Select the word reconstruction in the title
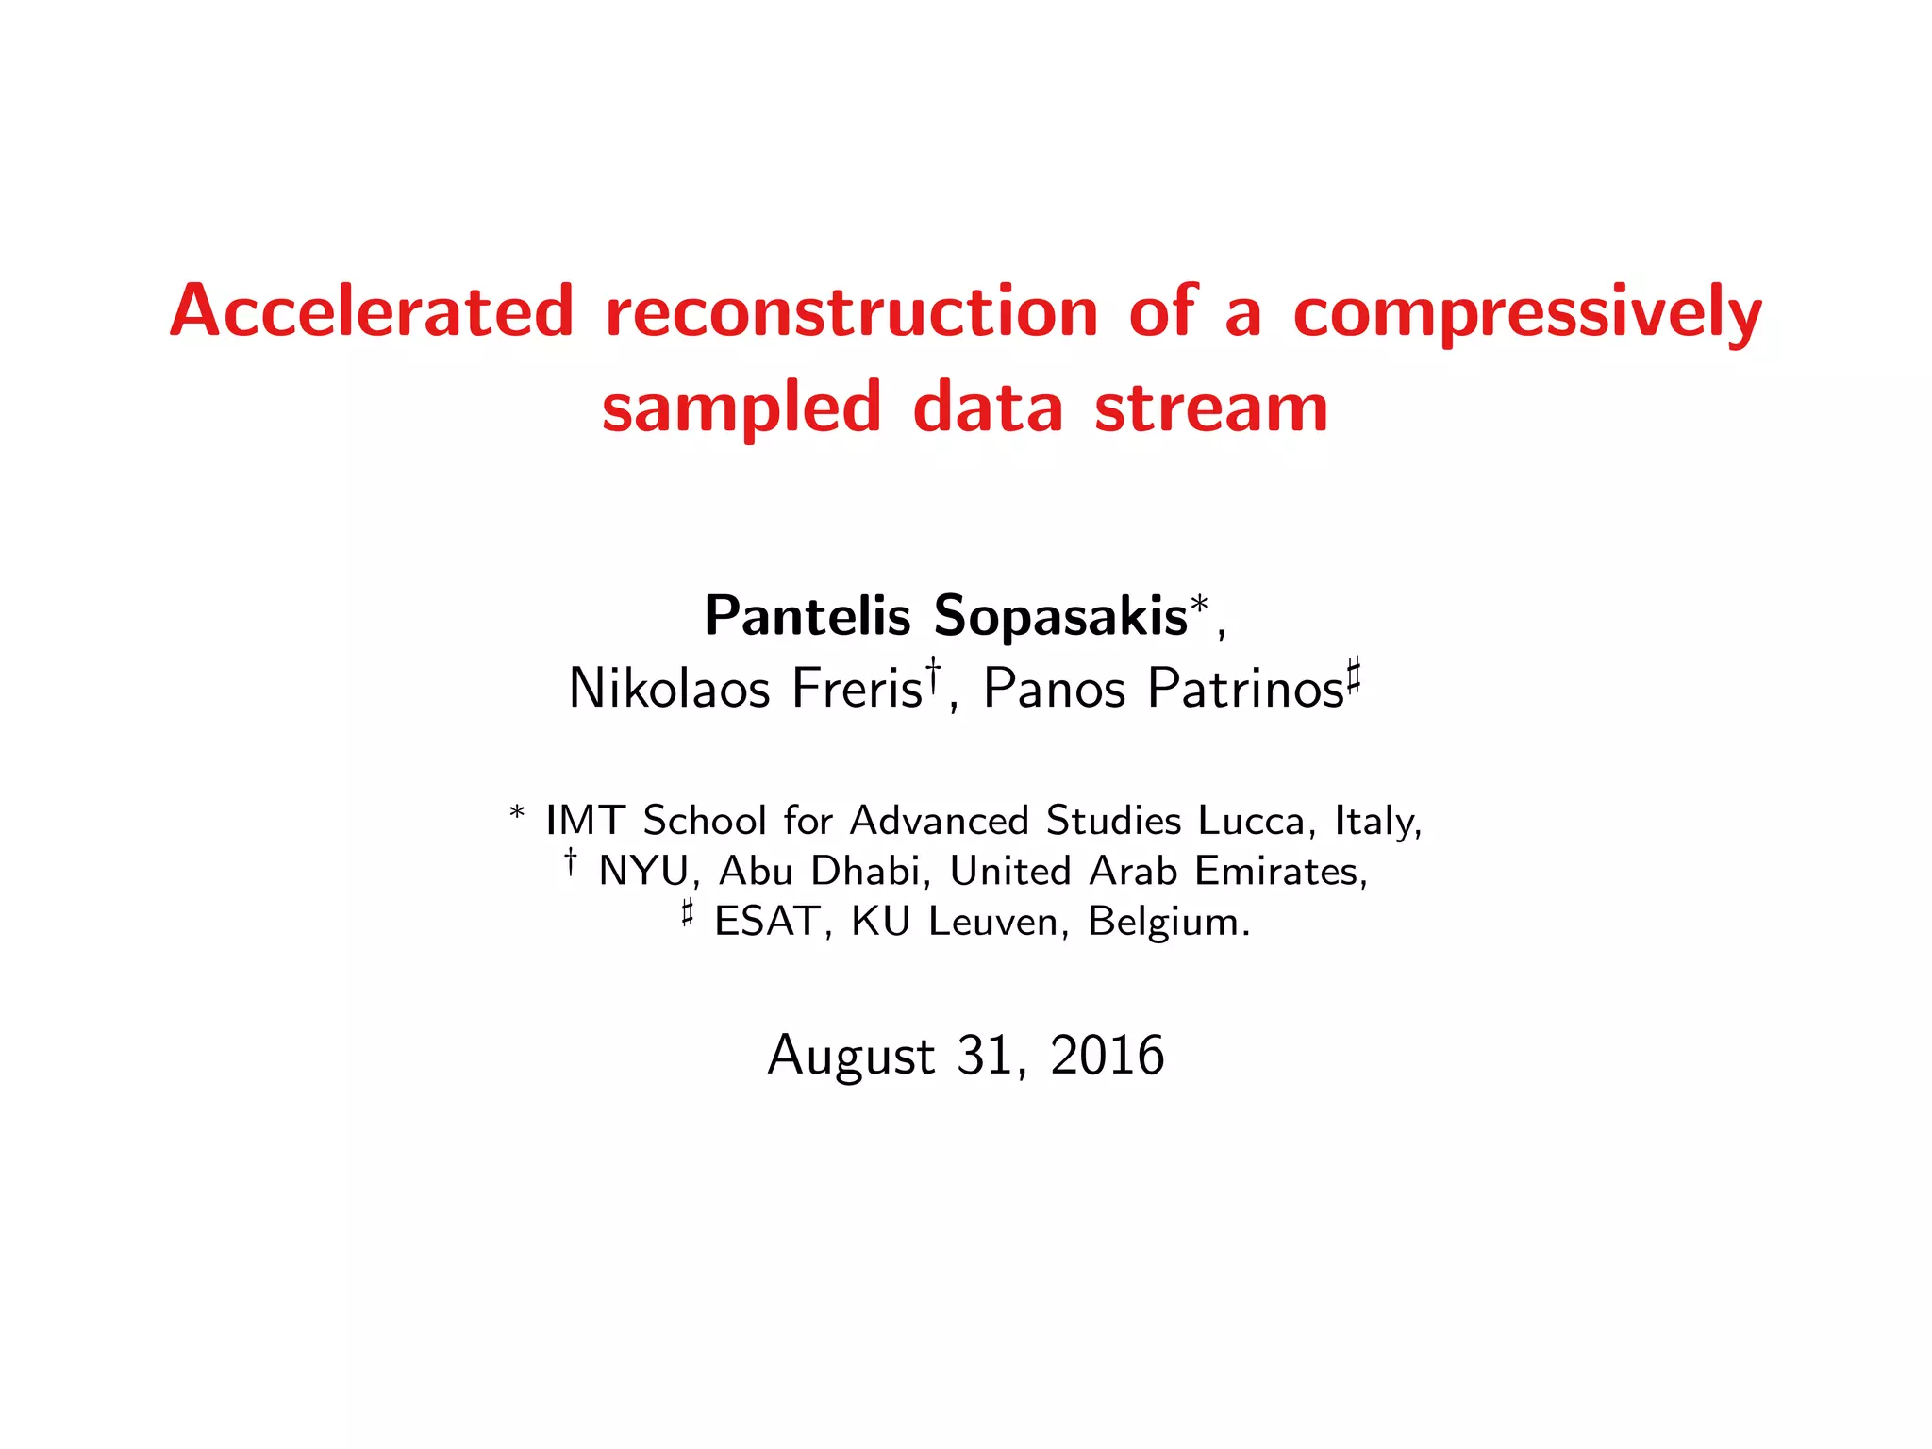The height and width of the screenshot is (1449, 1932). (x=851, y=311)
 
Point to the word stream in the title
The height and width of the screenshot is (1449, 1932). (x=1211, y=408)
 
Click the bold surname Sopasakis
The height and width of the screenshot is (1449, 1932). (x=1060, y=618)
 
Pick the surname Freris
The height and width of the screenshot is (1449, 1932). (x=857, y=689)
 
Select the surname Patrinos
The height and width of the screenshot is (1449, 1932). (x=1245, y=689)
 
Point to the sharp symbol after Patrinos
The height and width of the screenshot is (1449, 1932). (x=1353, y=675)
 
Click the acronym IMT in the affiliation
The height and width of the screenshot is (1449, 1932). (x=585, y=821)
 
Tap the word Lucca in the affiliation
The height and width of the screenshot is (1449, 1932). (x=1251, y=821)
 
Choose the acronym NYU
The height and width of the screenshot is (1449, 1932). (x=643, y=872)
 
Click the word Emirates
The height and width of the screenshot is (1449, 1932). (x=1279, y=872)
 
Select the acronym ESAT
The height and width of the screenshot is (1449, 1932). (x=766, y=922)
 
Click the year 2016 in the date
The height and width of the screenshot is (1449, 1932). (x=1108, y=1055)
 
